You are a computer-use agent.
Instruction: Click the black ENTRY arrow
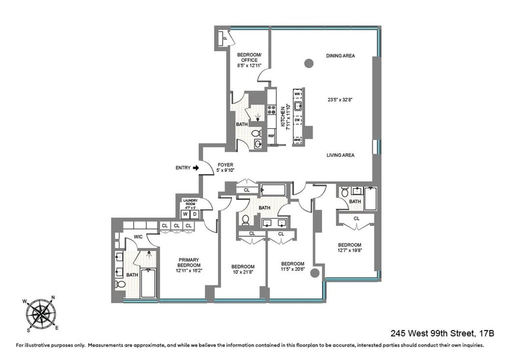pyautogui.click(x=196, y=168)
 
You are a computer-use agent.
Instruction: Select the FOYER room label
pyautogui.click(x=225, y=164)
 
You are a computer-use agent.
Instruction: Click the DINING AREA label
pyautogui.click(x=340, y=56)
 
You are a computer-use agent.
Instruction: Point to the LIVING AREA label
pyautogui.click(x=340, y=155)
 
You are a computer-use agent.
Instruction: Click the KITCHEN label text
pyautogui.click(x=282, y=116)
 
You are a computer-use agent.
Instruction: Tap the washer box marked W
pyautogui.click(x=186, y=214)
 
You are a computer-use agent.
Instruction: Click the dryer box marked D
pyautogui.click(x=195, y=214)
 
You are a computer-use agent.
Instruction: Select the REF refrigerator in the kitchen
pyautogui.click(x=271, y=136)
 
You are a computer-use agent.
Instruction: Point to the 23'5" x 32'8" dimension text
pyautogui.click(x=340, y=101)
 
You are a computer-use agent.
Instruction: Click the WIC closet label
pyautogui.click(x=138, y=236)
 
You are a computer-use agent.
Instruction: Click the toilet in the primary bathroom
pyautogui.click(x=120, y=285)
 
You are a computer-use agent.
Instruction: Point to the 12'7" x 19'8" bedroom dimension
pyautogui.click(x=350, y=251)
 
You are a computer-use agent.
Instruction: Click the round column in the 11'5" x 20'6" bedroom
pyautogui.click(x=316, y=273)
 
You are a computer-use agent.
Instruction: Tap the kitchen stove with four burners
pyautogui.click(x=271, y=110)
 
